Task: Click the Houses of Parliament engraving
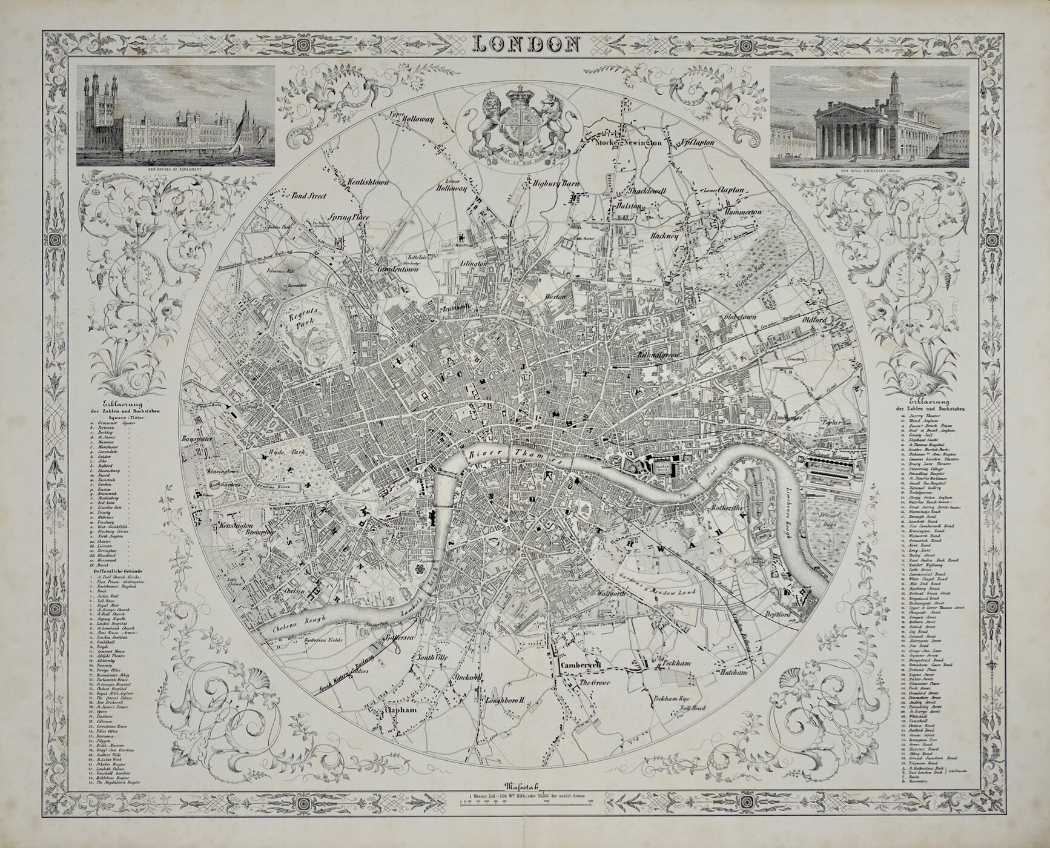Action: [176, 116]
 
